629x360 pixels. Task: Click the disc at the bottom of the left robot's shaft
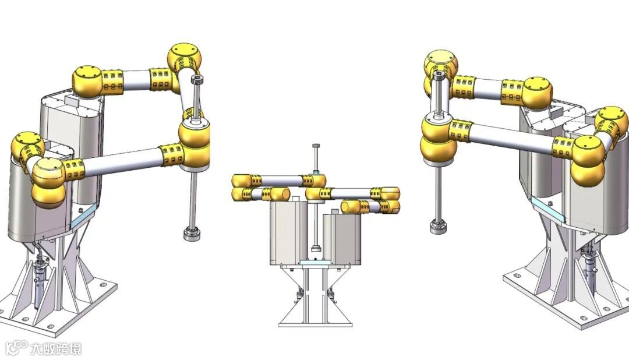192,234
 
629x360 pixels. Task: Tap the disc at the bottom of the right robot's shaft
439,226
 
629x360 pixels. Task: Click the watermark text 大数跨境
56,348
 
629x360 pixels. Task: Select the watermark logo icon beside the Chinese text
16,348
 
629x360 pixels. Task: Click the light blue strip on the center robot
316,262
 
